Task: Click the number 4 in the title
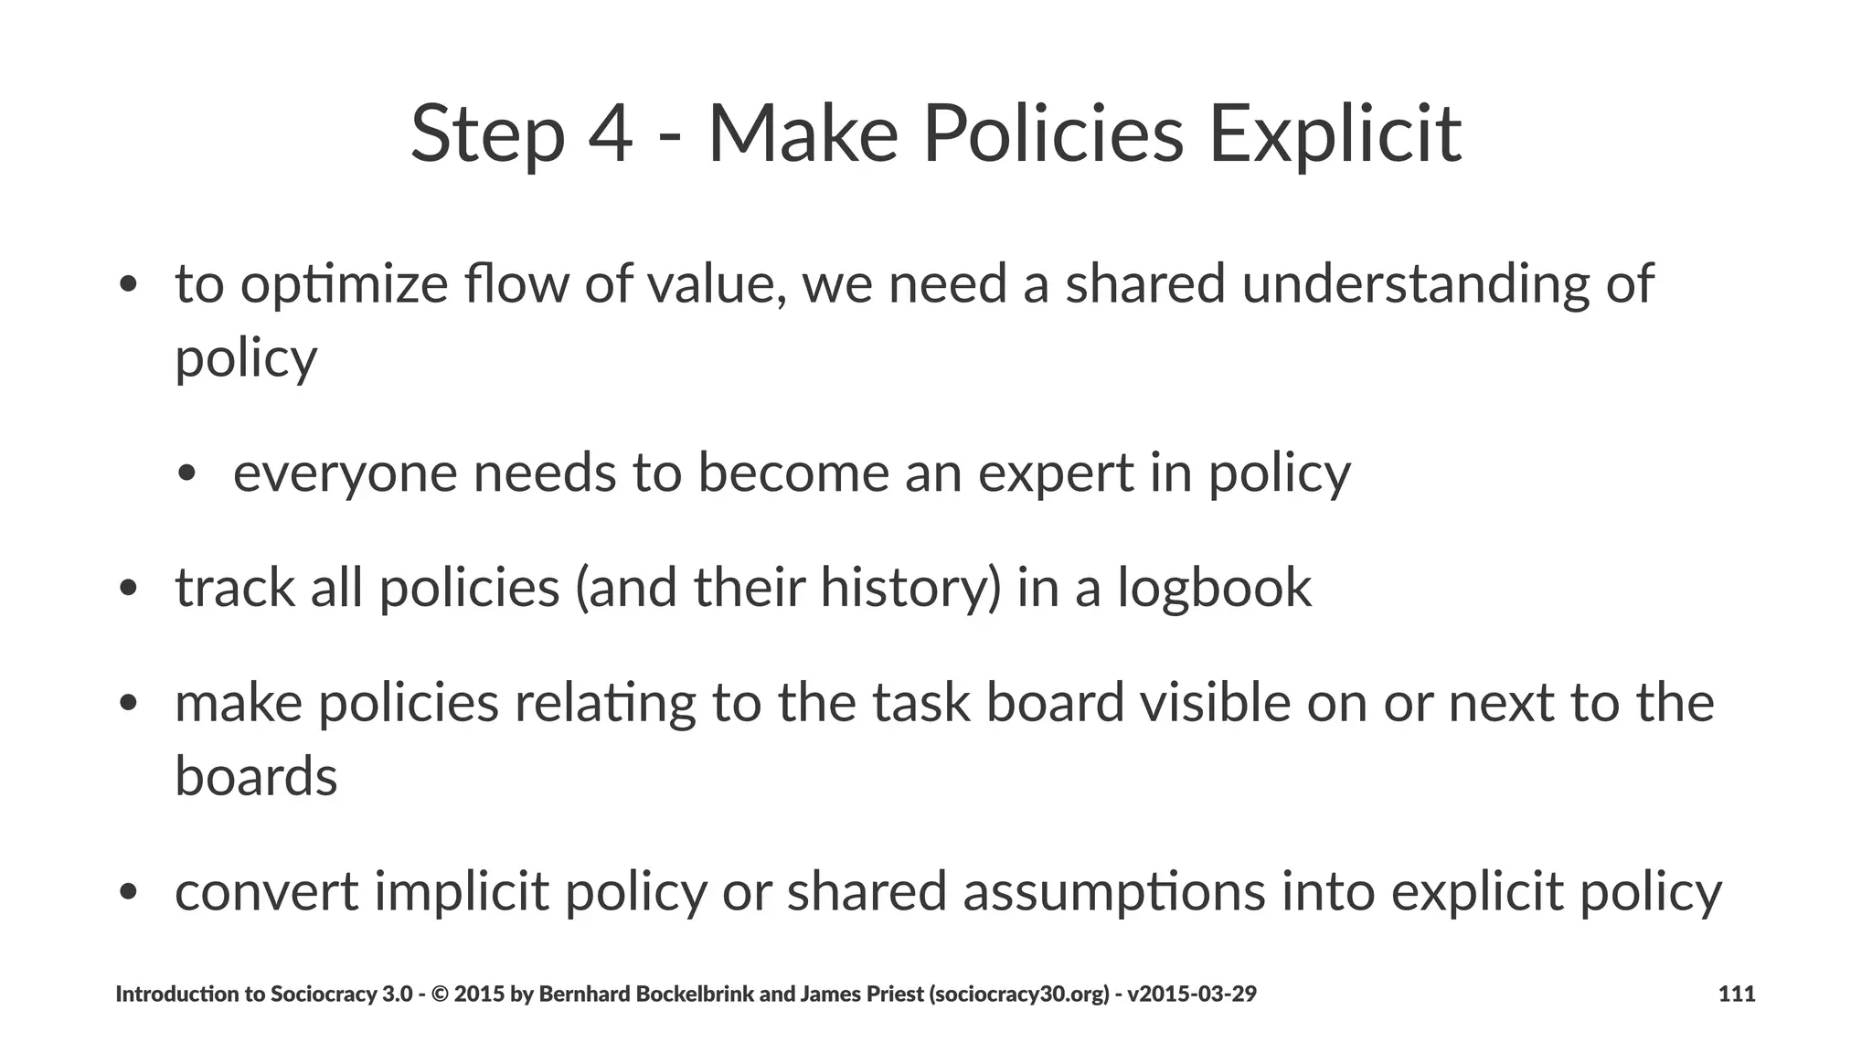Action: point(610,134)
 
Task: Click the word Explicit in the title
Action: point(1335,134)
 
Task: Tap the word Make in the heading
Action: point(803,134)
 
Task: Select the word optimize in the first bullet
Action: point(345,285)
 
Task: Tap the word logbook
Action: point(1214,588)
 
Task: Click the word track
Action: point(235,588)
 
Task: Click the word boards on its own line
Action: point(256,777)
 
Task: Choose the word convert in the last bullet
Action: point(266,892)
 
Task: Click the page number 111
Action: point(1737,994)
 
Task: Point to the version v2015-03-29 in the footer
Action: point(1192,994)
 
